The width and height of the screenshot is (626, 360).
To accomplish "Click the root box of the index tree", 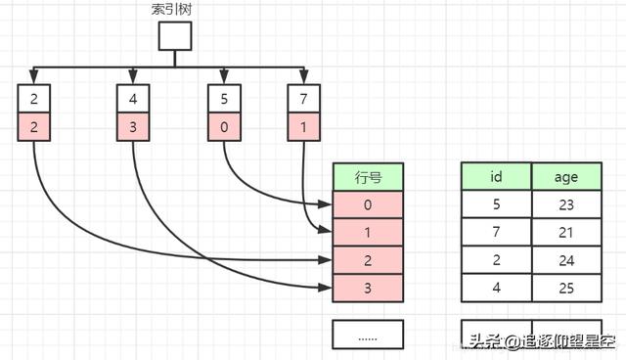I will pos(175,36).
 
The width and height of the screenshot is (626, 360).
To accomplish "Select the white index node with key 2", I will pos(33,99).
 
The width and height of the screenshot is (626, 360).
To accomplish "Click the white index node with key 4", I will pos(132,99).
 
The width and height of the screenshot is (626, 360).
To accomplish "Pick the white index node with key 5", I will pos(224,99).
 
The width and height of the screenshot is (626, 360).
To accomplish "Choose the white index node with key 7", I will pos(304,99).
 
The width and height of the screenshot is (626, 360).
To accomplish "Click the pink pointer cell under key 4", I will pos(132,126).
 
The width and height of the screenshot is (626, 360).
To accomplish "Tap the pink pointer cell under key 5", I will pos(224,126).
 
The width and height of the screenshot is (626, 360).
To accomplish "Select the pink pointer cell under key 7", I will pos(304,126).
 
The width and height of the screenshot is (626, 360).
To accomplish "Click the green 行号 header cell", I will pos(367,177).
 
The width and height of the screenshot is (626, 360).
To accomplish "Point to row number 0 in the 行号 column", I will pos(367,204).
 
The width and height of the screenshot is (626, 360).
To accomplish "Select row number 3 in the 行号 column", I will pos(367,288).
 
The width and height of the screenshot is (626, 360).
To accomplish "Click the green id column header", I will pos(496,177).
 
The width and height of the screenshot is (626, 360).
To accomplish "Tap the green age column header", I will pos(565,177).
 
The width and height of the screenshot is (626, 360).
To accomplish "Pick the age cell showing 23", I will pos(565,204).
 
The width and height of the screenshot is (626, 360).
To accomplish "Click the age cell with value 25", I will pos(565,288).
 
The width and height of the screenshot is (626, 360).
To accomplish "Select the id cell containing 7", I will pos(496,232).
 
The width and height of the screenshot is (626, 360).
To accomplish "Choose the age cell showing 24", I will pos(565,260).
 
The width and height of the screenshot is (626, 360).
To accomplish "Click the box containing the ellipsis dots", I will pos(367,335).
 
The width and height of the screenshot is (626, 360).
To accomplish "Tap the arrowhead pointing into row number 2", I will pos(328,260).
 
